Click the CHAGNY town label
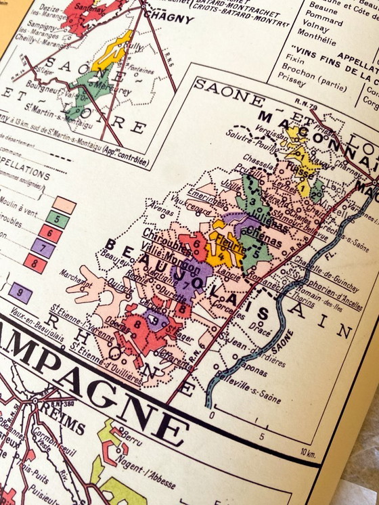[x=167, y=18]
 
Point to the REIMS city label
[x=62, y=425]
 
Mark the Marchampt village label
[x=74, y=273]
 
